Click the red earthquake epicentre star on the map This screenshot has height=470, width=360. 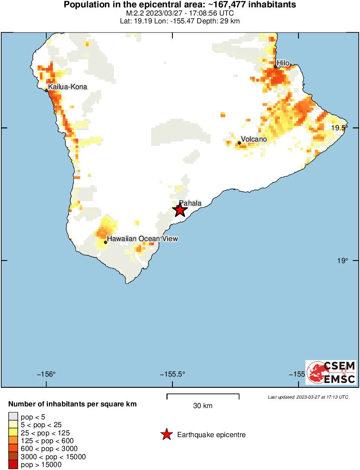coord(180,210)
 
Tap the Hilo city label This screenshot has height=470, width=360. coord(283,63)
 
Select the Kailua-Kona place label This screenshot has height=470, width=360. coord(67,87)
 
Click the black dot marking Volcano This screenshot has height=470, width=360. coord(240,143)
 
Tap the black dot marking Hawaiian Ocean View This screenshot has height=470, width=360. coord(105,242)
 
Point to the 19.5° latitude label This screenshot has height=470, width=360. coord(339,128)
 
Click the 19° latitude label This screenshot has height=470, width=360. coord(343,261)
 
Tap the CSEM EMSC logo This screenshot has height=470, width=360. coord(331,372)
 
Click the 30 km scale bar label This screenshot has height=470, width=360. coord(203,406)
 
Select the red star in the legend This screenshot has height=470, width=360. coord(166,435)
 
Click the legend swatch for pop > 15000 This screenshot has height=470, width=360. coord(13,465)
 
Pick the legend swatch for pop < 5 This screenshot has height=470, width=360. coord(13,417)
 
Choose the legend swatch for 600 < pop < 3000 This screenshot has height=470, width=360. coord(13,449)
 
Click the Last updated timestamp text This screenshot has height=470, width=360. coord(308,397)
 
